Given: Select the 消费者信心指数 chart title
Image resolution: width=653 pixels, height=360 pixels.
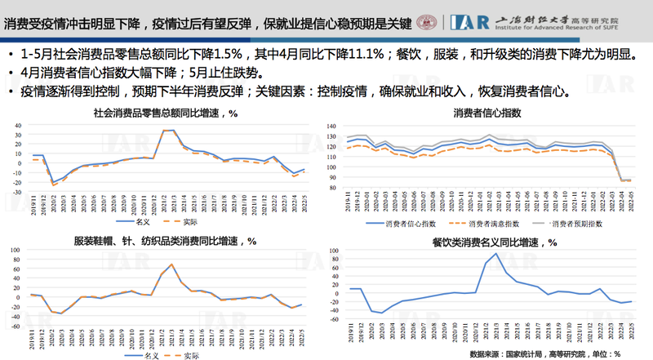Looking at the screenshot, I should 487,113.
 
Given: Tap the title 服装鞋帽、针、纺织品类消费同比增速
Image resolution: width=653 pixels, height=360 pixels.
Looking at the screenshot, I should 166,242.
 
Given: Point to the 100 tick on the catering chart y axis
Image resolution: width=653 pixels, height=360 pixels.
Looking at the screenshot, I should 333,255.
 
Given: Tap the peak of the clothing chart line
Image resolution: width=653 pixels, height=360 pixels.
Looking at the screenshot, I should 172,264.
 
